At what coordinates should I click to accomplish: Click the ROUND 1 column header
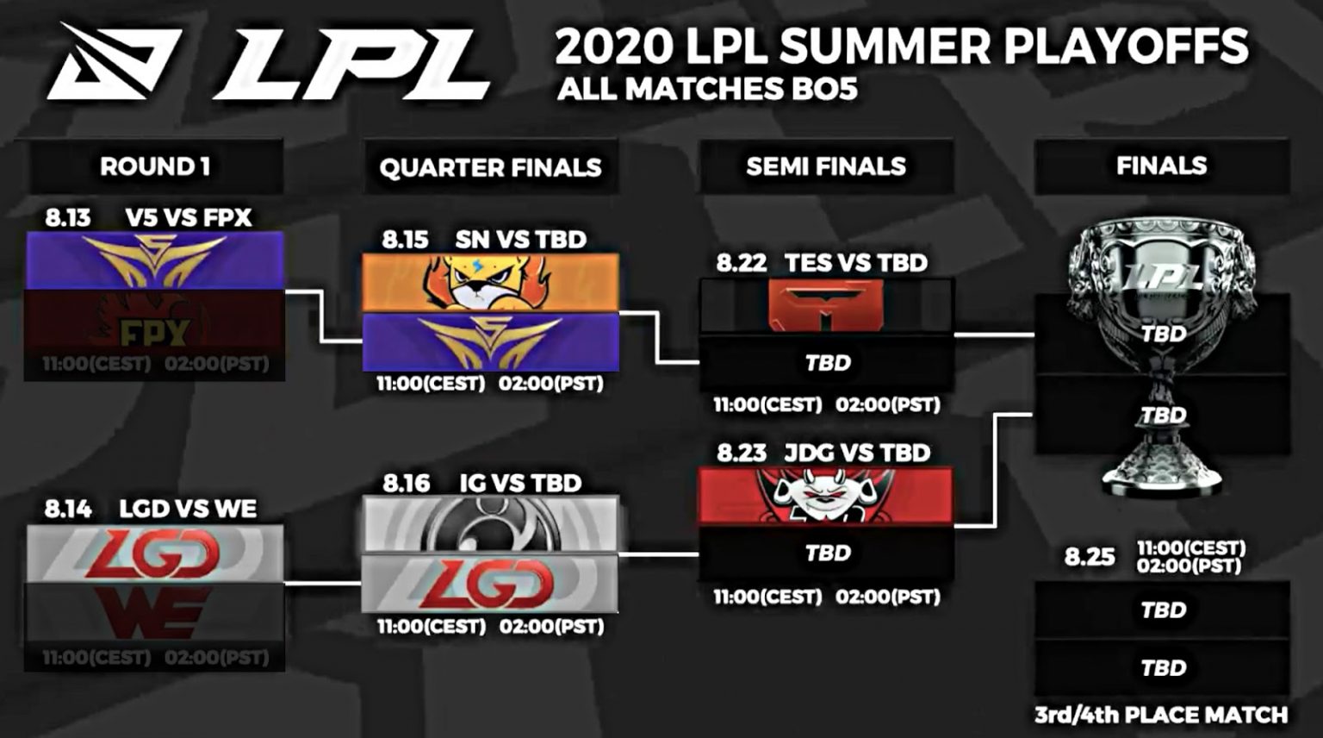tap(155, 166)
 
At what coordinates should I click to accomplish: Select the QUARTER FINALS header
tap(490, 167)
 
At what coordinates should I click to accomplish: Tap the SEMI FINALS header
tap(826, 166)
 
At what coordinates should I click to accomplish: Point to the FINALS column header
tap(1161, 166)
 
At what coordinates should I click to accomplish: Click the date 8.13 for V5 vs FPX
tap(68, 217)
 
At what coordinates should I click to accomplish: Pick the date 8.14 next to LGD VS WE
tap(68, 509)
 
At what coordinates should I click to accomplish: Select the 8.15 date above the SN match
tap(405, 240)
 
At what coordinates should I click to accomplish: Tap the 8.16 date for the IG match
tap(406, 483)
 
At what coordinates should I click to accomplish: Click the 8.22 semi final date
tap(741, 263)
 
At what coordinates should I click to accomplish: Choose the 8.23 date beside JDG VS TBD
tap(741, 453)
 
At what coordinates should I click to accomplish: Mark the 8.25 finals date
tap(1090, 557)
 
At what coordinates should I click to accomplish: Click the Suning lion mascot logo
tap(489, 283)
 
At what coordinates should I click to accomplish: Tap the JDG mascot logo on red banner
tap(825, 497)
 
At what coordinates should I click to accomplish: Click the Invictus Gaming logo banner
tap(489, 524)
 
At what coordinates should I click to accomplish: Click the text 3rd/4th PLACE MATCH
tap(1161, 715)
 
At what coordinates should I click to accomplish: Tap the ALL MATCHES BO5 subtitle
tap(707, 90)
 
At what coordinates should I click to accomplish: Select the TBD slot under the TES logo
tap(827, 363)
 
